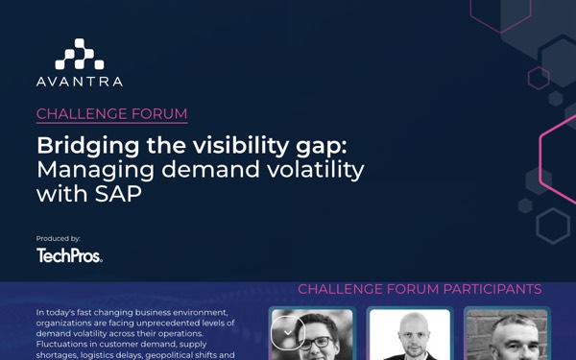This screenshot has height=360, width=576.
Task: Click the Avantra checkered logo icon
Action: pyautogui.click(x=80, y=54)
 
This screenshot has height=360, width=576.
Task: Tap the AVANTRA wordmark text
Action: pyautogui.click(x=80, y=82)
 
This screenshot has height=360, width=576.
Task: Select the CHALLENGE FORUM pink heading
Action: pyautogui.click(x=112, y=114)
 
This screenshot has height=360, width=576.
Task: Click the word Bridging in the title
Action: pyautogui.click(x=88, y=147)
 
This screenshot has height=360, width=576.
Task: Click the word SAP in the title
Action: pyautogui.click(x=118, y=194)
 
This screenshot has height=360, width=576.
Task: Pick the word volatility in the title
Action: pyautogui.click(x=316, y=171)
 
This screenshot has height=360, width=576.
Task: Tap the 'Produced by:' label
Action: pyautogui.click(x=59, y=239)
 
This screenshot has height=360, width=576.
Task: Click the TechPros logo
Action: pyautogui.click(x=69, y=255)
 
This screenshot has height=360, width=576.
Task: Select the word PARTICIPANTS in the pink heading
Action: pyautogui.click(x=492, y=289)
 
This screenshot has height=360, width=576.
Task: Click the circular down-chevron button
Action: pyautogui.click(x=288, y=333)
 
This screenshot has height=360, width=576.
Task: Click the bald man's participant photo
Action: pyautogui.click(x=410, y=334)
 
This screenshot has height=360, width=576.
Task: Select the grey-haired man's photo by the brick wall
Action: pyautogui.click(x=507, y=334)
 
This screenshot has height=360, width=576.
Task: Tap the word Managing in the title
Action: pyautogui.click(x=96, y=171)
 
